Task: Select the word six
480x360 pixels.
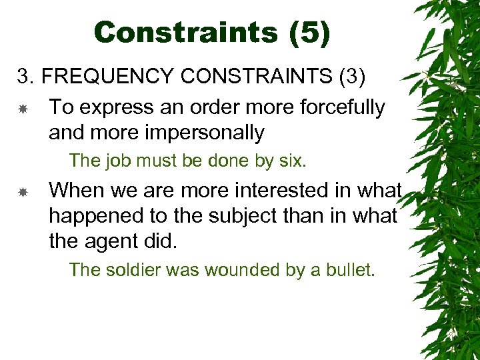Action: click(292, 161)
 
